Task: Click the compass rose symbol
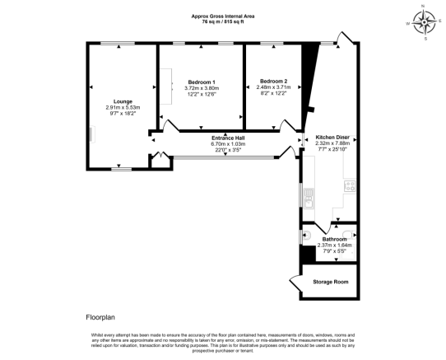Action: (425, 22)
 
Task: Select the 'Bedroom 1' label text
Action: (202, 82)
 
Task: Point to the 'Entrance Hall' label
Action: (230, 137)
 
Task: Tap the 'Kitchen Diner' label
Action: (333, 137)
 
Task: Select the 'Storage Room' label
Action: (329, 281)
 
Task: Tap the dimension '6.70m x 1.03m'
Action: (230, 143)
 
